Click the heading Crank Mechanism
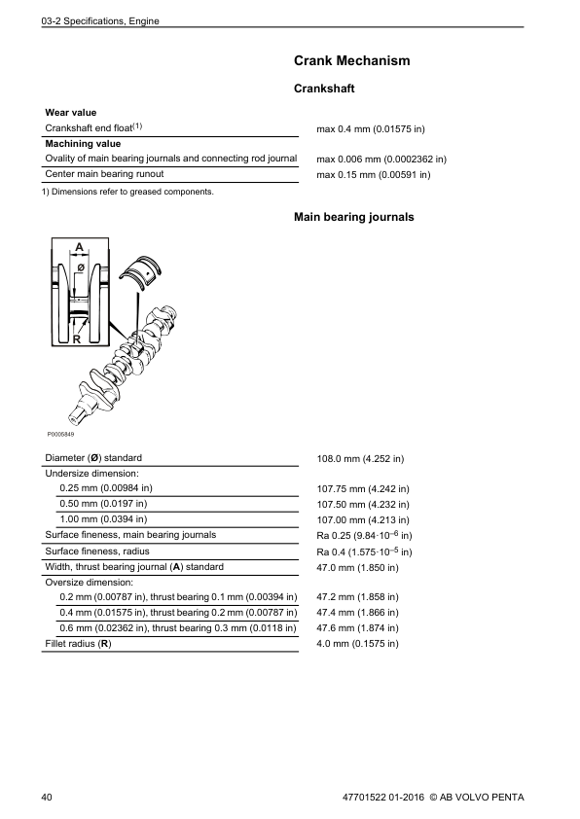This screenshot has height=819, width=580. click(351, 61)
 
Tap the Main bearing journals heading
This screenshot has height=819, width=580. click(353, 217)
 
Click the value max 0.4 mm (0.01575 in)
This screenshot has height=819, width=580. click(371, 128)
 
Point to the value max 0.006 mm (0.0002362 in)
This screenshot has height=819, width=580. click(381, 159)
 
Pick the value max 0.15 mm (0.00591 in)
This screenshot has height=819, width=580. click(374, 175)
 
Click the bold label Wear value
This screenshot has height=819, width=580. click(71, 113)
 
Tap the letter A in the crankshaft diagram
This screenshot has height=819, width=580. click(79, 247)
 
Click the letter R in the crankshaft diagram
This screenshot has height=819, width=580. click(75, 338)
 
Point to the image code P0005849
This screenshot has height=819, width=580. click(60, 434)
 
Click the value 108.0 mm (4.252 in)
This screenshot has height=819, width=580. click(361, 458)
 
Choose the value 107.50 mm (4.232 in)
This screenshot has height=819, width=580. click(364, 505)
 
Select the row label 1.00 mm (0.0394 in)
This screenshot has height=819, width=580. click(103, 519)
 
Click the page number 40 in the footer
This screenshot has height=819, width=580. click(48, 798)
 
